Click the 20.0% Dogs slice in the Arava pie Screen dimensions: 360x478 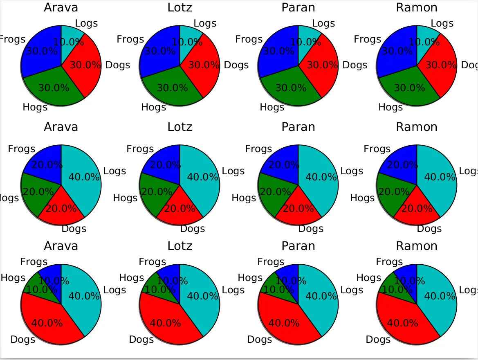61,211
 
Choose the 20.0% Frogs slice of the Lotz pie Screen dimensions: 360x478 164,162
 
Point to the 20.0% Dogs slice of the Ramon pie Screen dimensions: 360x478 417,211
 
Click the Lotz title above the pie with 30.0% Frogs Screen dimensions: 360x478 180,7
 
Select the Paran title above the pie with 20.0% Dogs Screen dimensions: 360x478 298,127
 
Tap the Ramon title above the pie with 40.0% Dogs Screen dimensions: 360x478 417,246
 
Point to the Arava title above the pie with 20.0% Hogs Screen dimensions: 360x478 61,127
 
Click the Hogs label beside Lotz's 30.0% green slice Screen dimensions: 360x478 154,107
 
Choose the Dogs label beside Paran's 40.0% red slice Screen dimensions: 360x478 260,340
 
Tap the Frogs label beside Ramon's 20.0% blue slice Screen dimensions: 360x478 377,149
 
